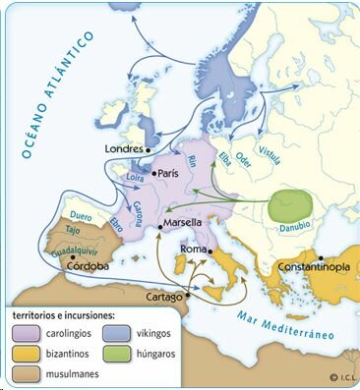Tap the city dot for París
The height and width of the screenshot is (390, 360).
point(151,173)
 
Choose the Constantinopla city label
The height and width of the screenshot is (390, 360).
point(310,266)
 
